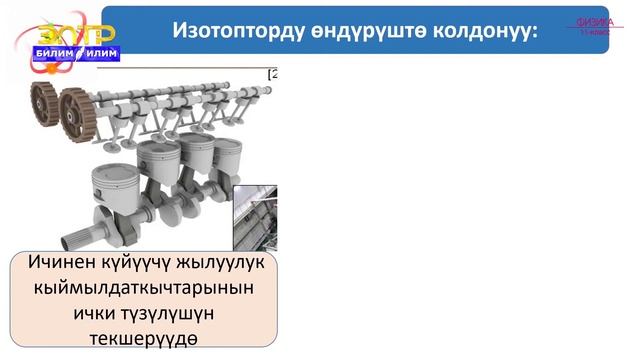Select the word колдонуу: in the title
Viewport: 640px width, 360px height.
490,30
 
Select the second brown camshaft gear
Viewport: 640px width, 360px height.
72,104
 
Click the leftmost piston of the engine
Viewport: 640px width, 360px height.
112,181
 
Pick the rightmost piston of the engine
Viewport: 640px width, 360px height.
229,150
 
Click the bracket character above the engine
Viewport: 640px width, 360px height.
271,74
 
